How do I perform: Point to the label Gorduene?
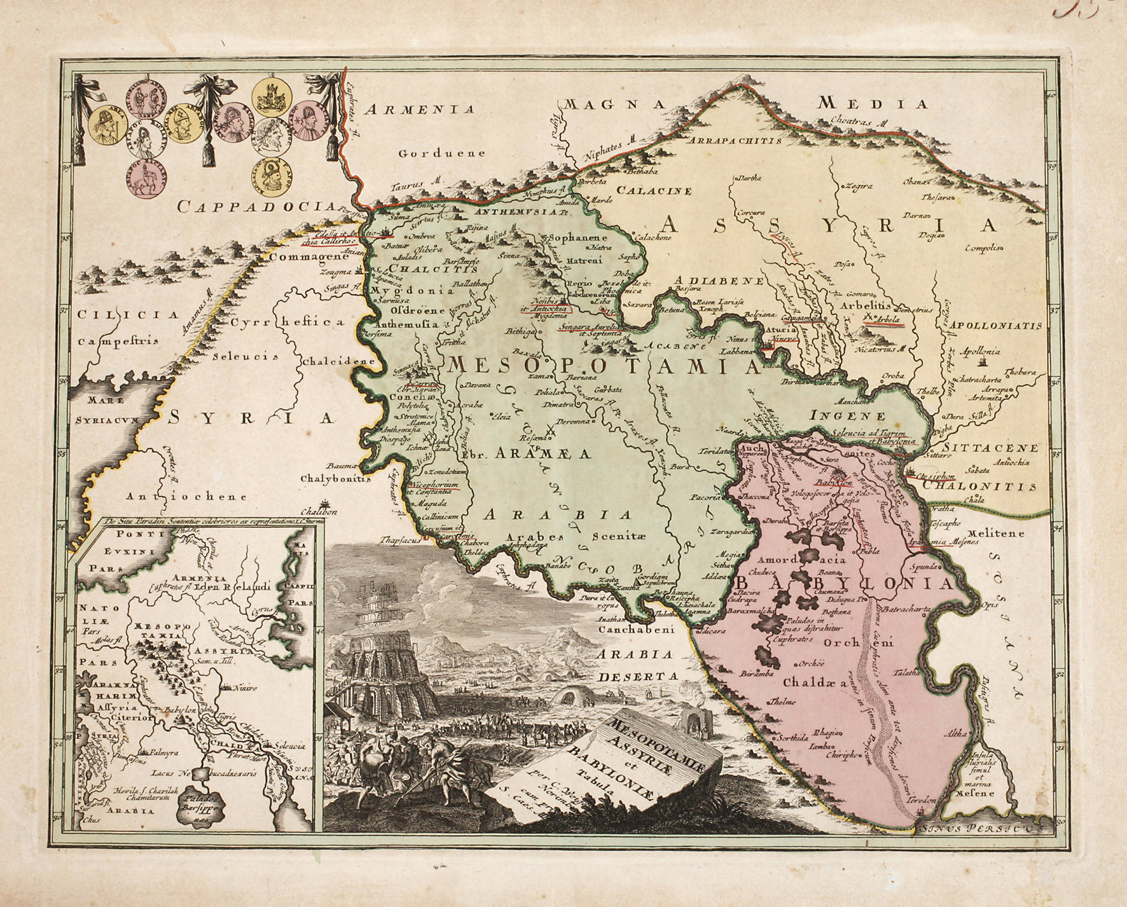pos(443,153)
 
